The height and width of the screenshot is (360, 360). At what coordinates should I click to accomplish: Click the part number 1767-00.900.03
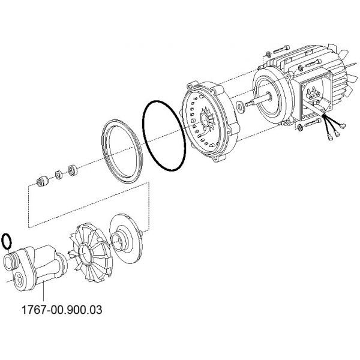(62, 310)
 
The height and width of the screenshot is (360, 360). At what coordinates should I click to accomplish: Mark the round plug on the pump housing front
(18, 280)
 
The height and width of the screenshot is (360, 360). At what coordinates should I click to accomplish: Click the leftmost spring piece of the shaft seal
(42, 181)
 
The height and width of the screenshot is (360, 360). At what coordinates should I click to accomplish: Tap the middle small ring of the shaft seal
(59, 175)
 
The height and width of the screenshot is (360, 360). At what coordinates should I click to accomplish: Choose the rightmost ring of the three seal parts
(73, 170)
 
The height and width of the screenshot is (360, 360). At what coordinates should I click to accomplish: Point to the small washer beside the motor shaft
(241, 106)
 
